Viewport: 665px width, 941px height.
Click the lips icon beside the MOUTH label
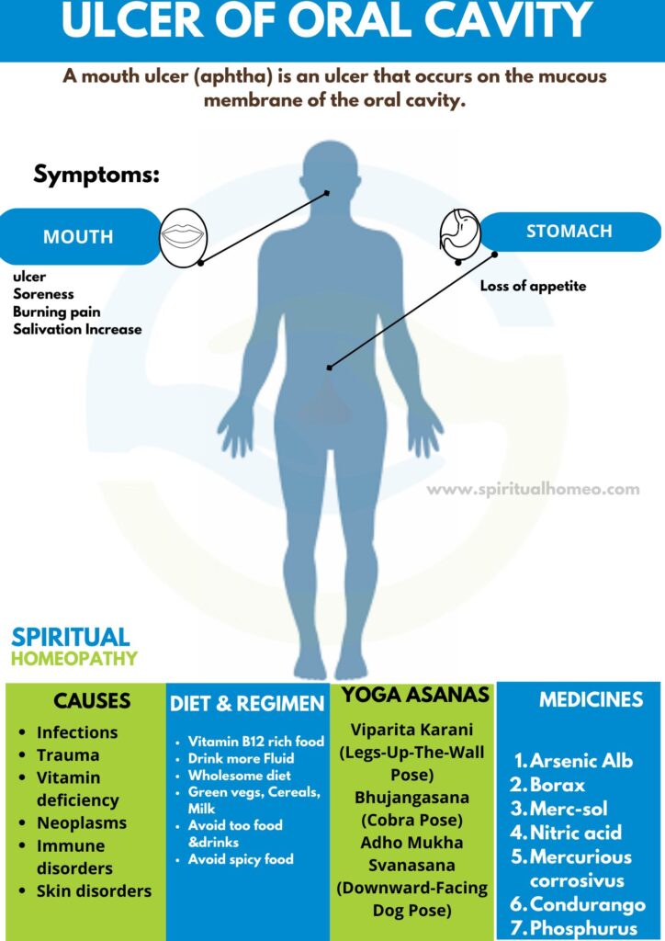click(185, 236)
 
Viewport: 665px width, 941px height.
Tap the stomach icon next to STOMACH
click(460, 231)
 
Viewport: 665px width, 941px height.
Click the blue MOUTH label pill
click(79, 236)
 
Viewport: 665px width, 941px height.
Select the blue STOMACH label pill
click(569, 232)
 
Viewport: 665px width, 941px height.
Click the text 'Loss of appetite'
click(533, 286)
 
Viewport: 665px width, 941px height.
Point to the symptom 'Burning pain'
click(57, 312)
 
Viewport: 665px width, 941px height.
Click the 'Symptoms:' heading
click(96, 174)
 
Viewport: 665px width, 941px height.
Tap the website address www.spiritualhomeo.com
click(533, 489)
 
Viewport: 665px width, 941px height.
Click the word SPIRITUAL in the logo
click(71, 637)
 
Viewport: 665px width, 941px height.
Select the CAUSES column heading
click(91, 701)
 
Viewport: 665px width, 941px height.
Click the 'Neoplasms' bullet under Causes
click(82, 822)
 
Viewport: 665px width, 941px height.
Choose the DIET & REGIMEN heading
click(247, 704)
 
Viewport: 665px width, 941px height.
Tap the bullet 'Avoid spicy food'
click(241, 859)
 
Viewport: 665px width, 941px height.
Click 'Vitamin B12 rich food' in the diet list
click(255, 741)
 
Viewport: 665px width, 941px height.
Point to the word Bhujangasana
click(411, 797)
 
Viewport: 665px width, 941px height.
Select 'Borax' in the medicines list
click(557, 785)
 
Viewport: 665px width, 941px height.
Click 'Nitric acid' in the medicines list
click(575, 833)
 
